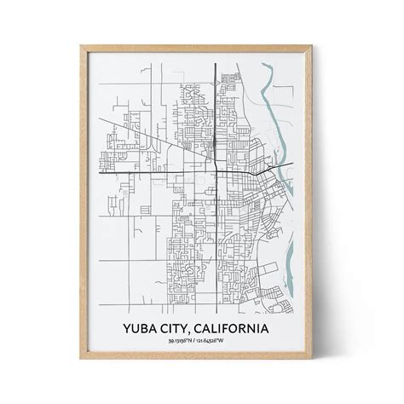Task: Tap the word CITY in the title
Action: click(x=183, y=328)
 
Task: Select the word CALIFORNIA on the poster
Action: click(x=236, y=328)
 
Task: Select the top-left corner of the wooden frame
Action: click(x=79, y=35)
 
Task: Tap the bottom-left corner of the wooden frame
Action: click(x=79, y=368)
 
